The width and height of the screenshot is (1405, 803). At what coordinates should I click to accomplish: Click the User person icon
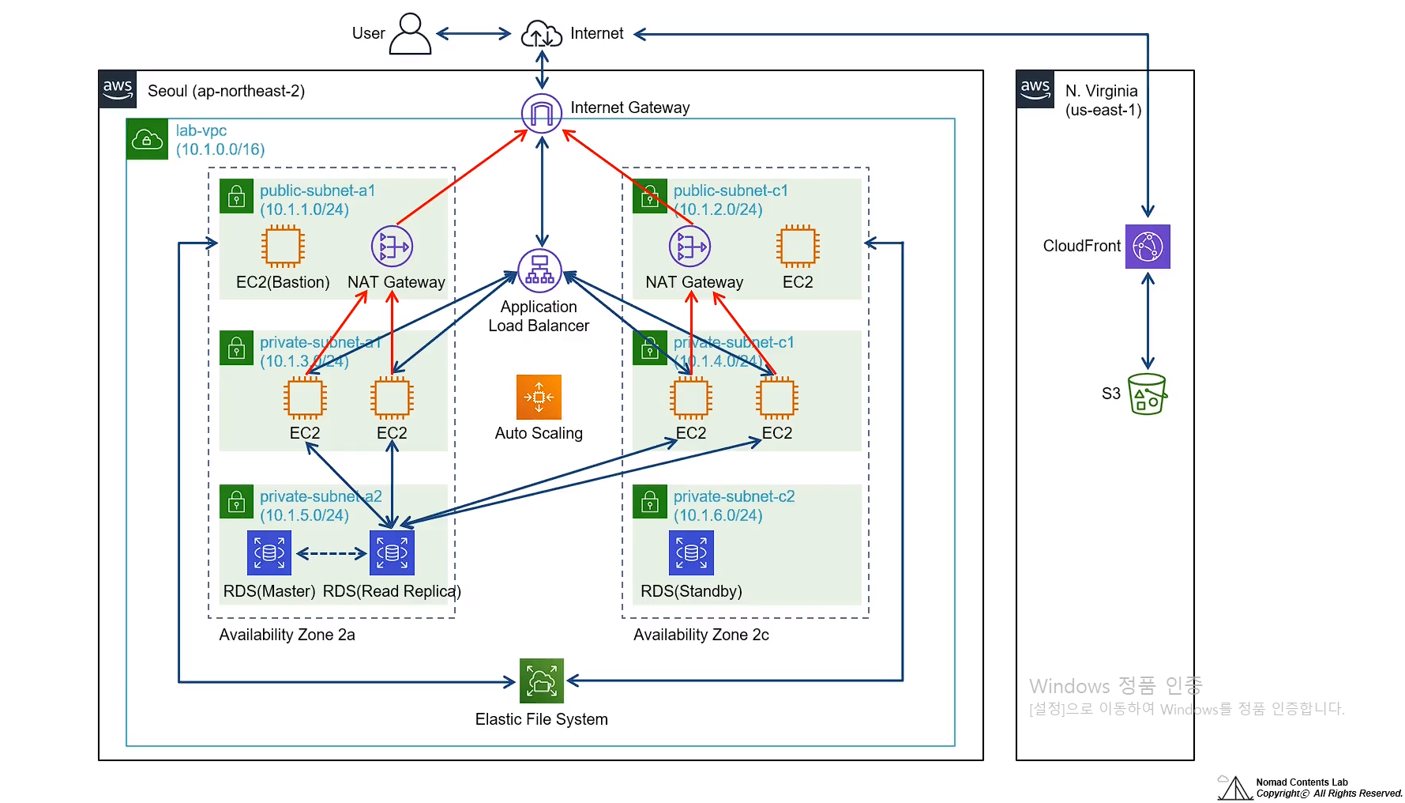(410, 33)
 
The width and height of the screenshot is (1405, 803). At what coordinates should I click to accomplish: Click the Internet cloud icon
(542, 34)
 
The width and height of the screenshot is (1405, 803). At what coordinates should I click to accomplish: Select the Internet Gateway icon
(542, 113)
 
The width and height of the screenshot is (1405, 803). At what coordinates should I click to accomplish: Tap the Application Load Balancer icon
(539, 270)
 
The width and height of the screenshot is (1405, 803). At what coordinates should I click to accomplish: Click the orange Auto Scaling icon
(539, 397)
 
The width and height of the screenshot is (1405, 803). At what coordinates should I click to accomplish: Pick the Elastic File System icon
(542, 680)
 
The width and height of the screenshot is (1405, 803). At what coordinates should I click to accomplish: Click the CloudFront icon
(1148, 247)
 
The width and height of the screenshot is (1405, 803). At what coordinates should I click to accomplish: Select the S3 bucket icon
(1147, 394)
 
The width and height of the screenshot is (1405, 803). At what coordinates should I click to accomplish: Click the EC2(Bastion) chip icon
(283, 246)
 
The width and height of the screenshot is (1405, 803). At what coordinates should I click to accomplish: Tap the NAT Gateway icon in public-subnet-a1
(393, 246)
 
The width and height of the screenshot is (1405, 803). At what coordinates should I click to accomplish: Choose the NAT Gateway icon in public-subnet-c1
(689, 246)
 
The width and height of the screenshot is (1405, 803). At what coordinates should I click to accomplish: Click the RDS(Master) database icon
(269, 552)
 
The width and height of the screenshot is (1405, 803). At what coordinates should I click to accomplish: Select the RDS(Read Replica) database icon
(392, 552)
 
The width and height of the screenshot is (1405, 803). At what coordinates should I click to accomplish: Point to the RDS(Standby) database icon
(691, 552)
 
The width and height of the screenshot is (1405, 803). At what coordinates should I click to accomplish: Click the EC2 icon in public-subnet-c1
(798, 246)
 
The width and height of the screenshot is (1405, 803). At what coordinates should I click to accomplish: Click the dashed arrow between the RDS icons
(331, 553)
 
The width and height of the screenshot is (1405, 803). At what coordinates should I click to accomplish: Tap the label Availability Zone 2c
(701, 635)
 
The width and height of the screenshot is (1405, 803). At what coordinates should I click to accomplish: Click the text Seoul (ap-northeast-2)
(226, 91)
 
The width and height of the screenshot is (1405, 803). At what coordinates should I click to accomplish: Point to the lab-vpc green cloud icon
(147, 139)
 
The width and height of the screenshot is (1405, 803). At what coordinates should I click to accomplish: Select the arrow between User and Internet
(474, 33)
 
